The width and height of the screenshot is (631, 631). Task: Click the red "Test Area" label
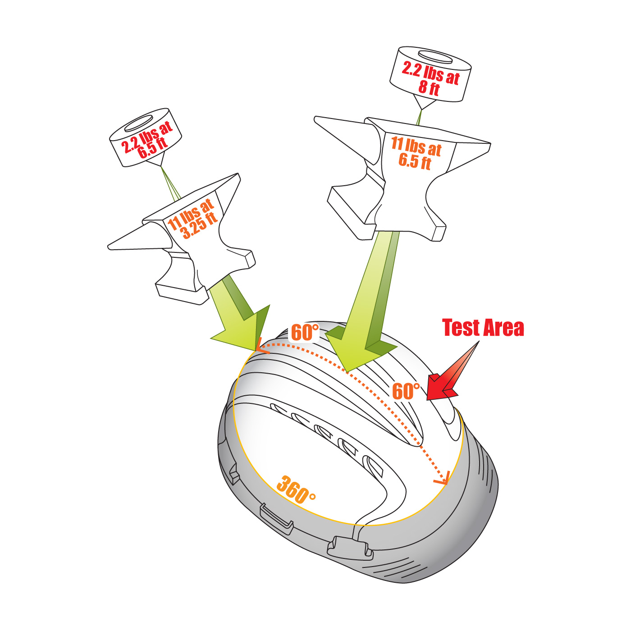pyautogui.click(x=482, y=328)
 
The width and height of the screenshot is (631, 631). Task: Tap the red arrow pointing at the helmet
pyautogui.click(x=452, y=372)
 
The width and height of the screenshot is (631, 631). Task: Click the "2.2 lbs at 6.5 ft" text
pyautogui.click(x=146, y=141)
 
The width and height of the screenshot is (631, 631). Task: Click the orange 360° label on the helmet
pyautogui.click(x=295, y=489)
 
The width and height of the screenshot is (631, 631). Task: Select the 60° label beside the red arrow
pyautogui.click(x=406, y=391)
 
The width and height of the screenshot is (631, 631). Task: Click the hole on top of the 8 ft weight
pyautogui.click(x=435, y=57)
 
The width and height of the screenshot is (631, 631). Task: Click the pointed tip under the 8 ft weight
pyautogui.click(x=422, y=110)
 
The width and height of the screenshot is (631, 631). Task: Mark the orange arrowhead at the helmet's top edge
pyautogui.click(x=261, y=347)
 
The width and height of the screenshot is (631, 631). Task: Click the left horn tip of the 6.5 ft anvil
pyautogui.click(x=315, y=119)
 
